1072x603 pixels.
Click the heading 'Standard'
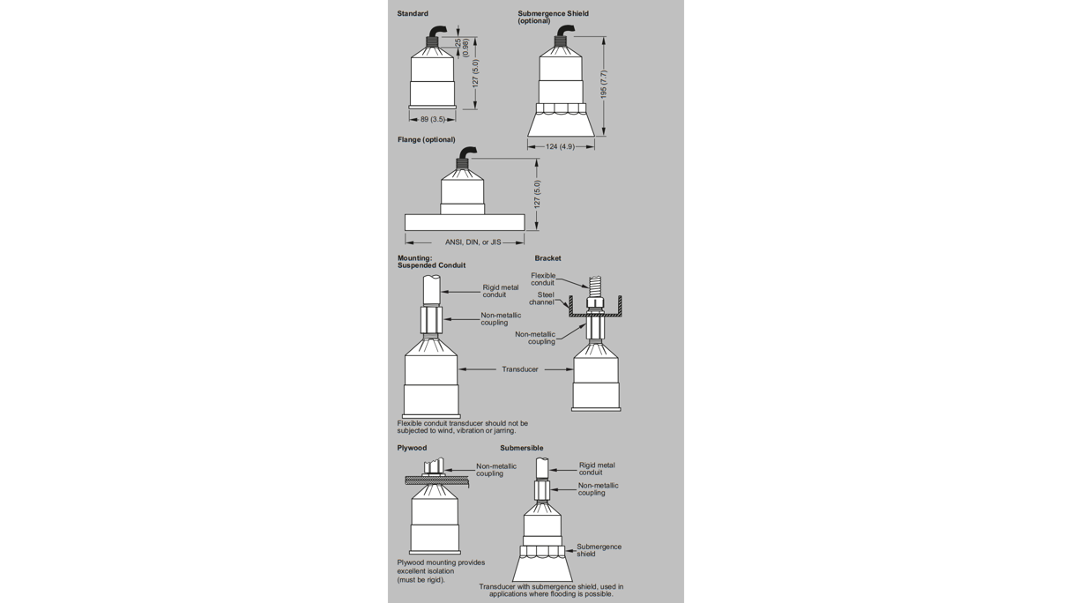point(413,14)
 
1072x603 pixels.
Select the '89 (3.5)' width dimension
point(433,119)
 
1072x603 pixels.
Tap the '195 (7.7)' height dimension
point(604,85)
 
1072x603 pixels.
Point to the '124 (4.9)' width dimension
point(560,146)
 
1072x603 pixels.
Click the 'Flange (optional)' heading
point(426,139)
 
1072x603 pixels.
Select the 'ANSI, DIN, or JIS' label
point(473,242)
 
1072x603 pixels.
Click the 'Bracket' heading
point(547,258)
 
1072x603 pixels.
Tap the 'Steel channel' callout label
point(545,299)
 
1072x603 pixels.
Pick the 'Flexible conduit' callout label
point(543,279)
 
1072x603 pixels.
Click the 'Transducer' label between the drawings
point(520,369)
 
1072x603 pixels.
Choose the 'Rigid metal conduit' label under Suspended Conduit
point(500,291)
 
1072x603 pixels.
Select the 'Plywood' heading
point(412,448)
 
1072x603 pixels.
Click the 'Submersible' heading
point(522,448)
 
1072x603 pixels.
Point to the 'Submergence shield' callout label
point(599,550)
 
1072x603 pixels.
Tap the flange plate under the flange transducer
point(465,223)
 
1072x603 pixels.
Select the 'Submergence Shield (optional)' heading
point(553,17)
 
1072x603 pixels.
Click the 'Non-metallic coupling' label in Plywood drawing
point(496,470)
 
